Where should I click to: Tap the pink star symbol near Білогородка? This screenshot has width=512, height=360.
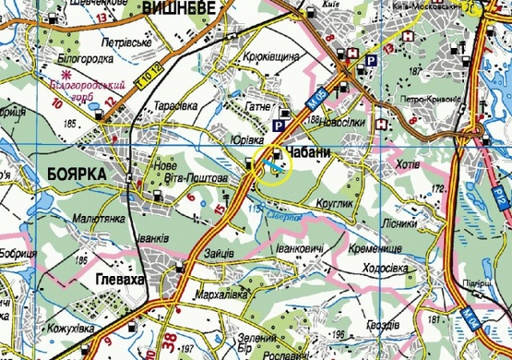click(x=65, y=70)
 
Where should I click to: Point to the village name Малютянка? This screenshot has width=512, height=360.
click(x=73, y=221)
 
